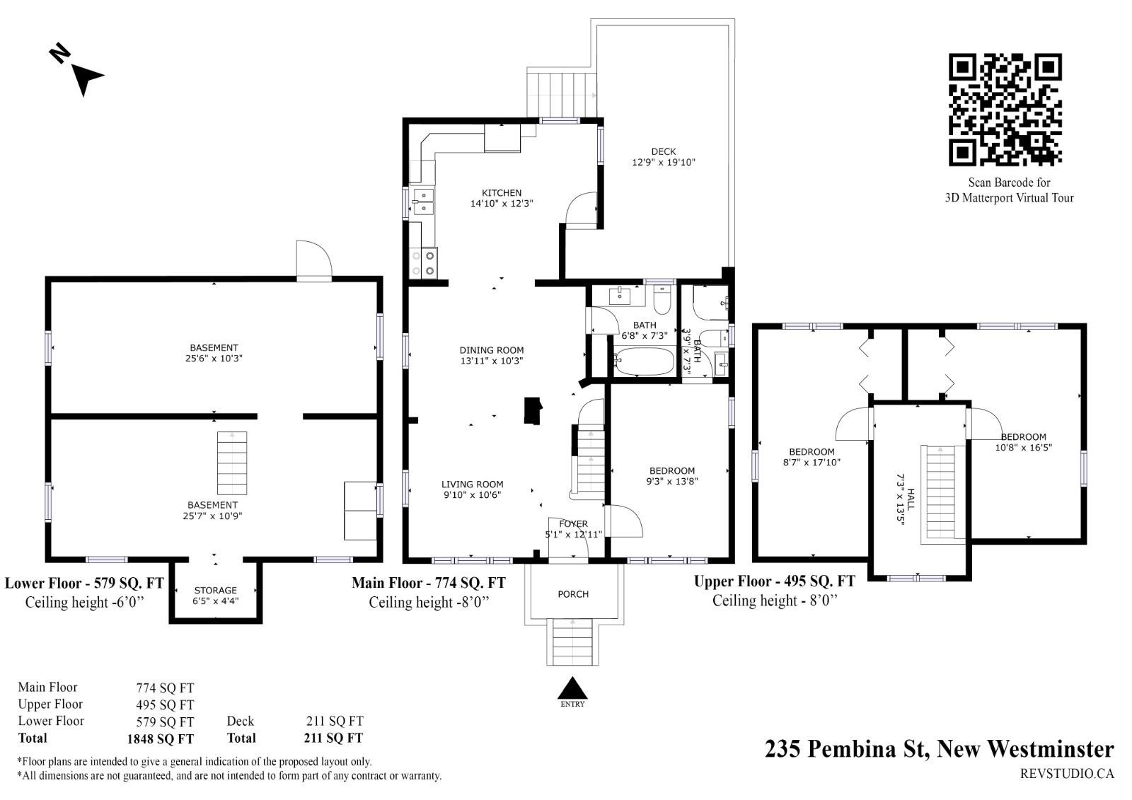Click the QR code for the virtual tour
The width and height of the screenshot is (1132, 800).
(1005, 110)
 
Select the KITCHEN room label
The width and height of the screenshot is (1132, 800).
(502, 192)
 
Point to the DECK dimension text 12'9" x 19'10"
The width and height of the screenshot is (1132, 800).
(663, 162)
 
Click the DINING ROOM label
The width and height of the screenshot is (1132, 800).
(491, 349)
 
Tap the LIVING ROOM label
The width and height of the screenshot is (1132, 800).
(472, 484)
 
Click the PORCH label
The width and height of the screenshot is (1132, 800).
(572, 593)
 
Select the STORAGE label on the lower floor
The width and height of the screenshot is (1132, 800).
(215, 590)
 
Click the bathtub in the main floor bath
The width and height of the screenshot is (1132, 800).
(645, 361)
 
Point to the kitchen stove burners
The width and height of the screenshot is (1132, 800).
(423, 263)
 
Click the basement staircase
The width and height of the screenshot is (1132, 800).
(232, 463)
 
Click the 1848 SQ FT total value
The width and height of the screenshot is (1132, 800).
(160, 739)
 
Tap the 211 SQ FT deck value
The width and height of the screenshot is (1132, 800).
(335, 721)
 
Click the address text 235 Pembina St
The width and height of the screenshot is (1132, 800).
(847, 748)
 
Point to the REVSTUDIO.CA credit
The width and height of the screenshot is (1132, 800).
(1067, 774)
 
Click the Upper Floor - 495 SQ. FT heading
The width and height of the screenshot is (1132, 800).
(774, 581)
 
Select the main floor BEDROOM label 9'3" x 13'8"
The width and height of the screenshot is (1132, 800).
(671, 476)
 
